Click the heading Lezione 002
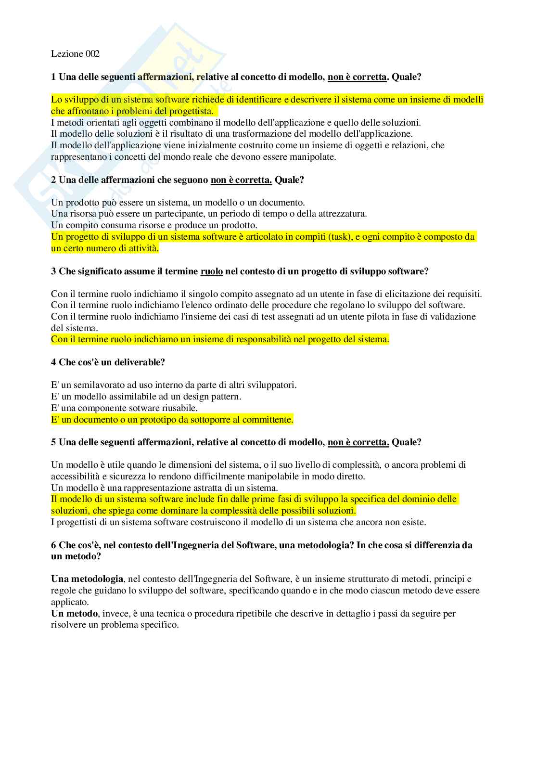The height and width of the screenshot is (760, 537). [x=75, y=54]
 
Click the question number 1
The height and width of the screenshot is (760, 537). [x=53, y=77]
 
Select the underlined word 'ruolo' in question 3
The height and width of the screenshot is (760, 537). [x=211, y=271]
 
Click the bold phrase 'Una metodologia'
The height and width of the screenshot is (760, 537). [x=87, y=579]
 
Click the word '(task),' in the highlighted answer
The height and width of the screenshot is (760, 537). [x=332, y=237]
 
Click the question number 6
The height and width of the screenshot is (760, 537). [x=53, y=545]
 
